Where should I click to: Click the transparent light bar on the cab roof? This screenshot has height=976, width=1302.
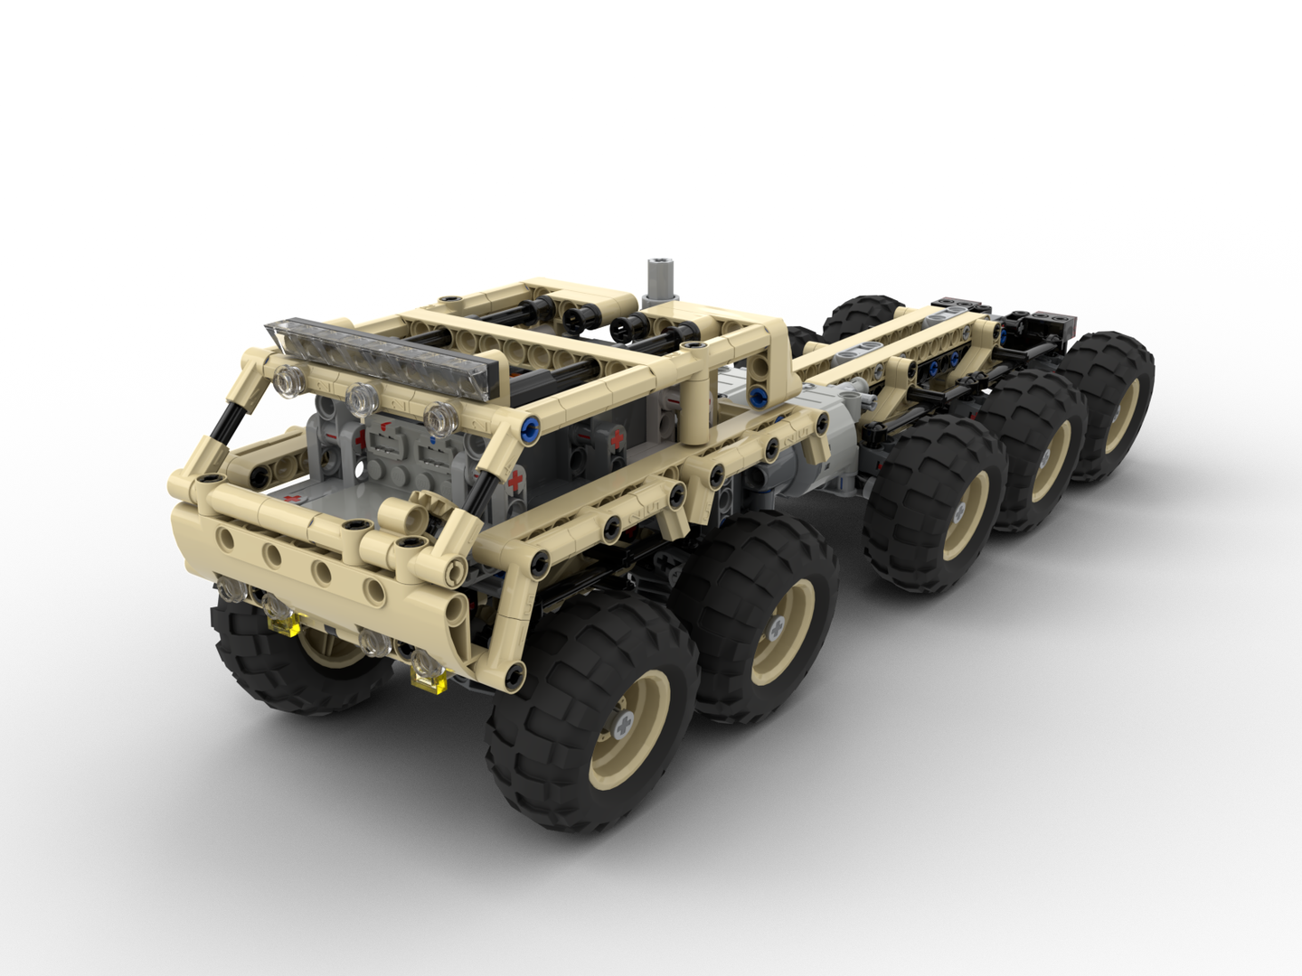[x=384, y=356]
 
